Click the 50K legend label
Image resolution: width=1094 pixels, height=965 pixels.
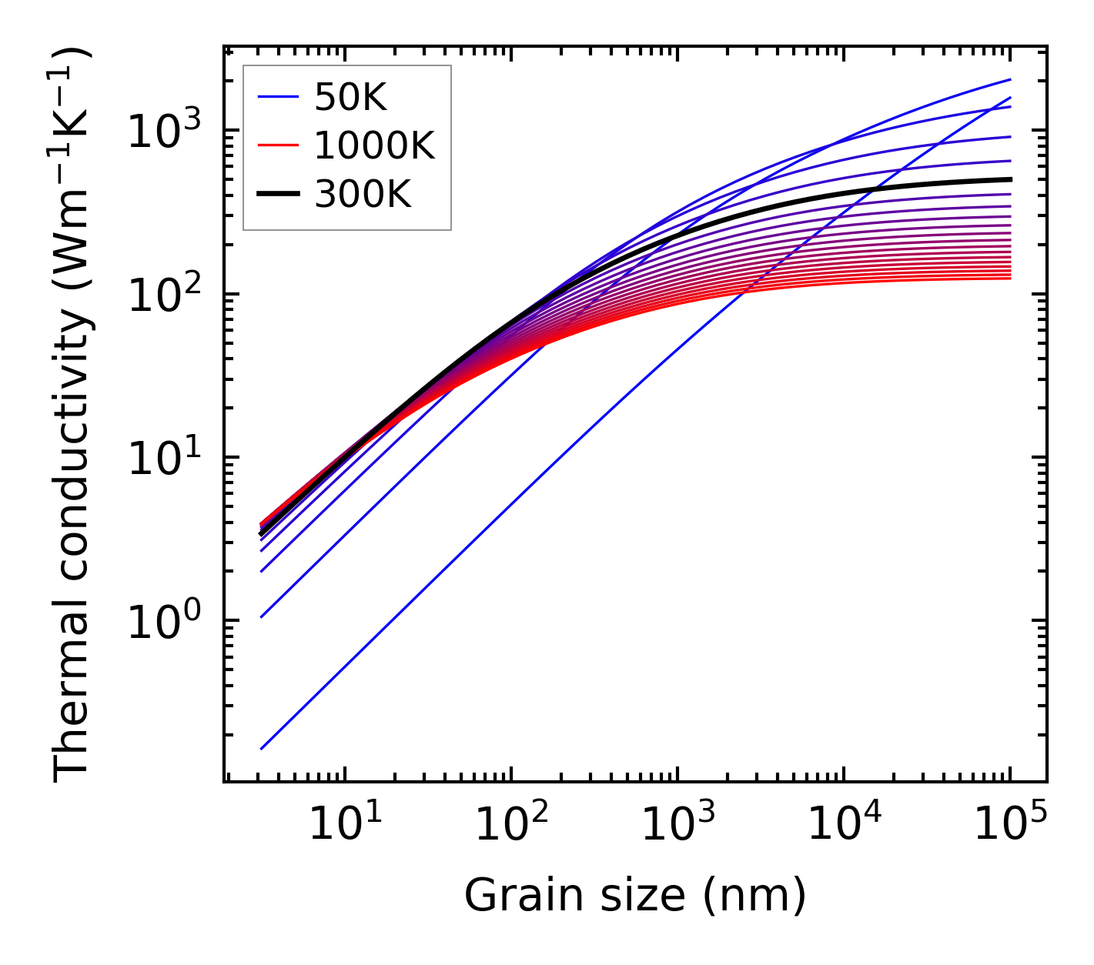(x=350, y=97)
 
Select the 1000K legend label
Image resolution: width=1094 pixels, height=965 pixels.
(x=374, y=145)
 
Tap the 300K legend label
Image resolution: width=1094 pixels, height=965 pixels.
(x=363, y=195)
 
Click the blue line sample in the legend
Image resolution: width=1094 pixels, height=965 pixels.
(x=277, y=97)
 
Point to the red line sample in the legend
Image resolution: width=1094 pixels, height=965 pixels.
(x=277, y=145)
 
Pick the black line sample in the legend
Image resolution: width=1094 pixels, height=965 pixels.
(x=277, y=195)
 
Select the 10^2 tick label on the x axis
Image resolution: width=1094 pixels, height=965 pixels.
(x=511, y=826)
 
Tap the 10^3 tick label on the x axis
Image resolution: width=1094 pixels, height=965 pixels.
(x=677, y=826)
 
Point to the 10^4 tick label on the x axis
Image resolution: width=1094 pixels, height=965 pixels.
(x=844, y=826)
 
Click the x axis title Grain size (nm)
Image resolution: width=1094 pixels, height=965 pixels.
(x=635, y=895)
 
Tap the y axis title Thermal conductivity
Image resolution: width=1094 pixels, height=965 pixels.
(x=73, y=416)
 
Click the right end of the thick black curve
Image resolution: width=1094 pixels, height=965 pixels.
(x=1010, y=179)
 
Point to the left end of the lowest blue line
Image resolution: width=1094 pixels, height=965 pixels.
(x=262, y=748)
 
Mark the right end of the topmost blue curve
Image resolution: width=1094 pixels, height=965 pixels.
(x=1010, y=79)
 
